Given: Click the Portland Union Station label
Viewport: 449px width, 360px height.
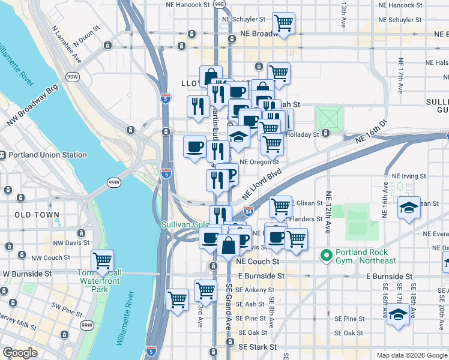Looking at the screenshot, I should pyautogui.click(x=47, y=155).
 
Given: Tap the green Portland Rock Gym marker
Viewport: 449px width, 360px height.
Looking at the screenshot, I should pyautogui.click(x=327, y=256).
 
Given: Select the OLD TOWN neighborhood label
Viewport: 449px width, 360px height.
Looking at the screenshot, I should pyautogui.click(x=37, y=215).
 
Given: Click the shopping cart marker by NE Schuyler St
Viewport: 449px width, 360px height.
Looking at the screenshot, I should pyautogui.click(x=283, y=23).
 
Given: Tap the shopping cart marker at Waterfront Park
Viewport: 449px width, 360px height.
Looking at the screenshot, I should pyautogui.click(x=103, y=261).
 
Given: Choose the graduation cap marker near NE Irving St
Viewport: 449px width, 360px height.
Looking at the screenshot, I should pyautogui.click(x=409, y=208).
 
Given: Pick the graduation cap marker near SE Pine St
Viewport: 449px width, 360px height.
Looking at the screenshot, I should pyautogui.click(x=398, y=314).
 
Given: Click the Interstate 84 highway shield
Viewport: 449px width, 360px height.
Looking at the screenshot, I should pyautogui.click(x=249, y=211).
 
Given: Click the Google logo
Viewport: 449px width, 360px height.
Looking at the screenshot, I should pyautogui.click(x=20, y=353).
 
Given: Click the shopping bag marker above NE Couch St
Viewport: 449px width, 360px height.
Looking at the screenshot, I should pyautogui.click(x=228, y=245).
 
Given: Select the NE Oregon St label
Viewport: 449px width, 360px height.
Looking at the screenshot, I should pyautogui.click(x=259, y=162).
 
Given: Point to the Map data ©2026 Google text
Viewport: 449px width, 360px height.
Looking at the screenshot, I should pyautogui.click(x=411, y=355).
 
